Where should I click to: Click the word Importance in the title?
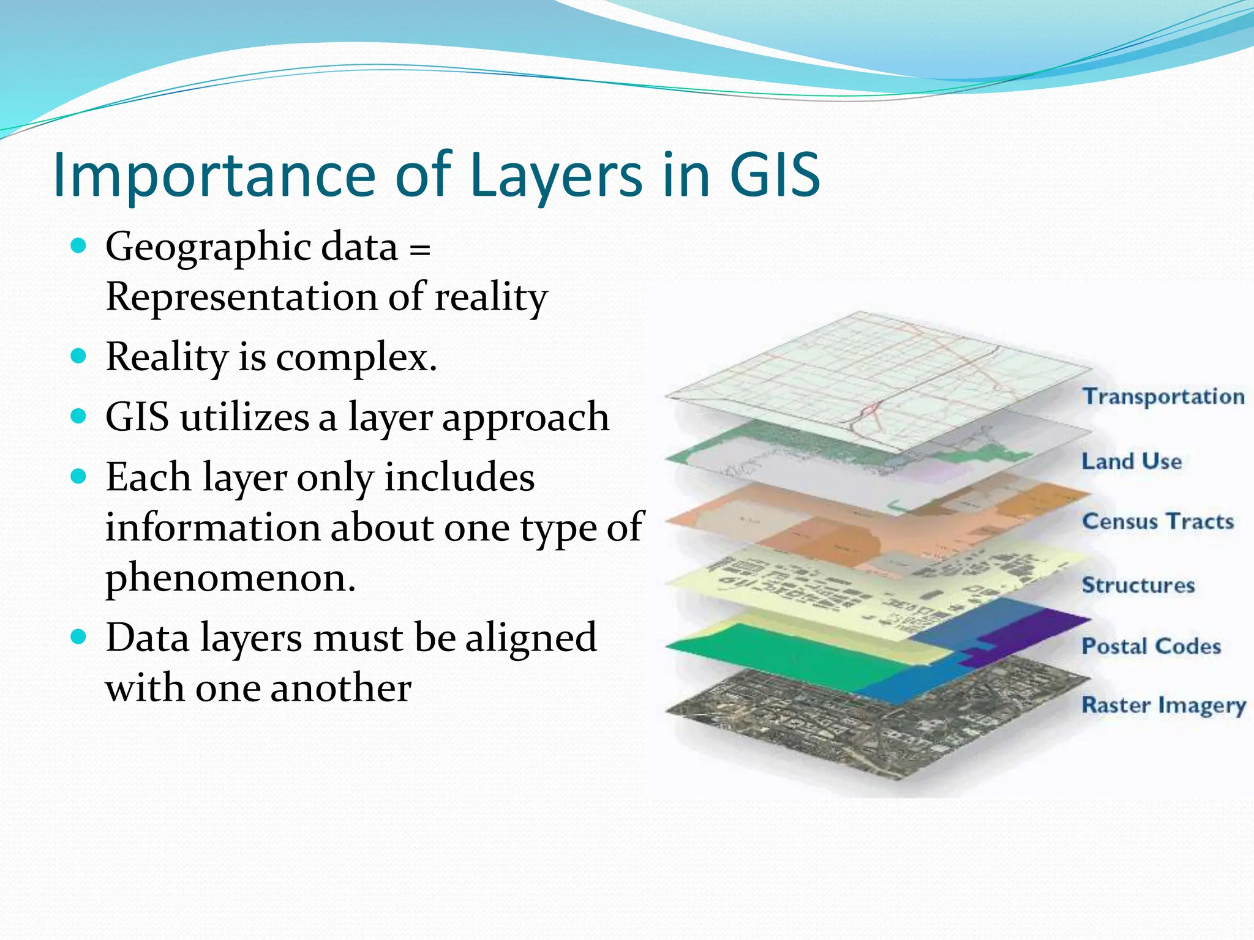(x=214, y=176)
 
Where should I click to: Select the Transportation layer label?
(x=1163, y=397)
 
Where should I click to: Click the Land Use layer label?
(x=1132, y=461)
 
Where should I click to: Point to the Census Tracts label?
(x=1157, y=521)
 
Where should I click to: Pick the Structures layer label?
(x=1138, y=585)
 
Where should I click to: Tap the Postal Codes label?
(x=1151, y=646)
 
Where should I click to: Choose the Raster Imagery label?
(x=1163, y=705)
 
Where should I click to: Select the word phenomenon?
(x=230, y=578)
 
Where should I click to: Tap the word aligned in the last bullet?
(x=530, y=638)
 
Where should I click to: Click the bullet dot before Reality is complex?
(x=78, y=356)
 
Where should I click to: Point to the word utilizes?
(x=245, y=417)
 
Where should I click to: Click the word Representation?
(x=241, y=297)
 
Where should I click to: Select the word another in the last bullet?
(x=340, y=688)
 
